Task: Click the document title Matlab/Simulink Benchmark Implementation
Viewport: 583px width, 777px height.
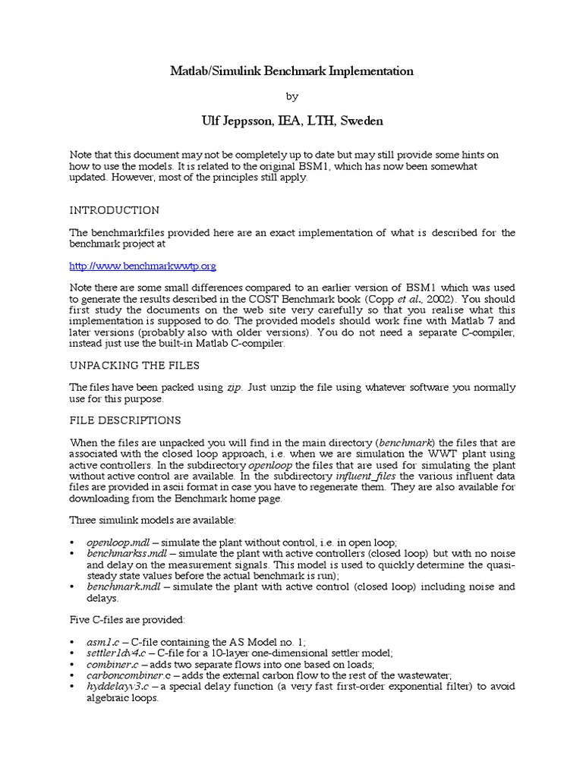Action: [291, 71]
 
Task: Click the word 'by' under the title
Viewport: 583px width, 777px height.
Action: [291, 96]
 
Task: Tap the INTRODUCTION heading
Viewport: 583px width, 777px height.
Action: [114, 210]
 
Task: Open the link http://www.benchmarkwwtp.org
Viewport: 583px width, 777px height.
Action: [143, 266]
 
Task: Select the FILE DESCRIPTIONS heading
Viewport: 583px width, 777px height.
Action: [124, 420]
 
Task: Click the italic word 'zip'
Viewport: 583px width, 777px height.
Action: [235, 387]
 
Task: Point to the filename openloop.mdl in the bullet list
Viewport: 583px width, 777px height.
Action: [118, 544]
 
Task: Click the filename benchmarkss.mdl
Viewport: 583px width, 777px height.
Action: [124, 555]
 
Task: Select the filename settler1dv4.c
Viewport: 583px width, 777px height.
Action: [115, 653]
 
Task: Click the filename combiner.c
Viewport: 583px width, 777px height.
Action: [110, 665]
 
